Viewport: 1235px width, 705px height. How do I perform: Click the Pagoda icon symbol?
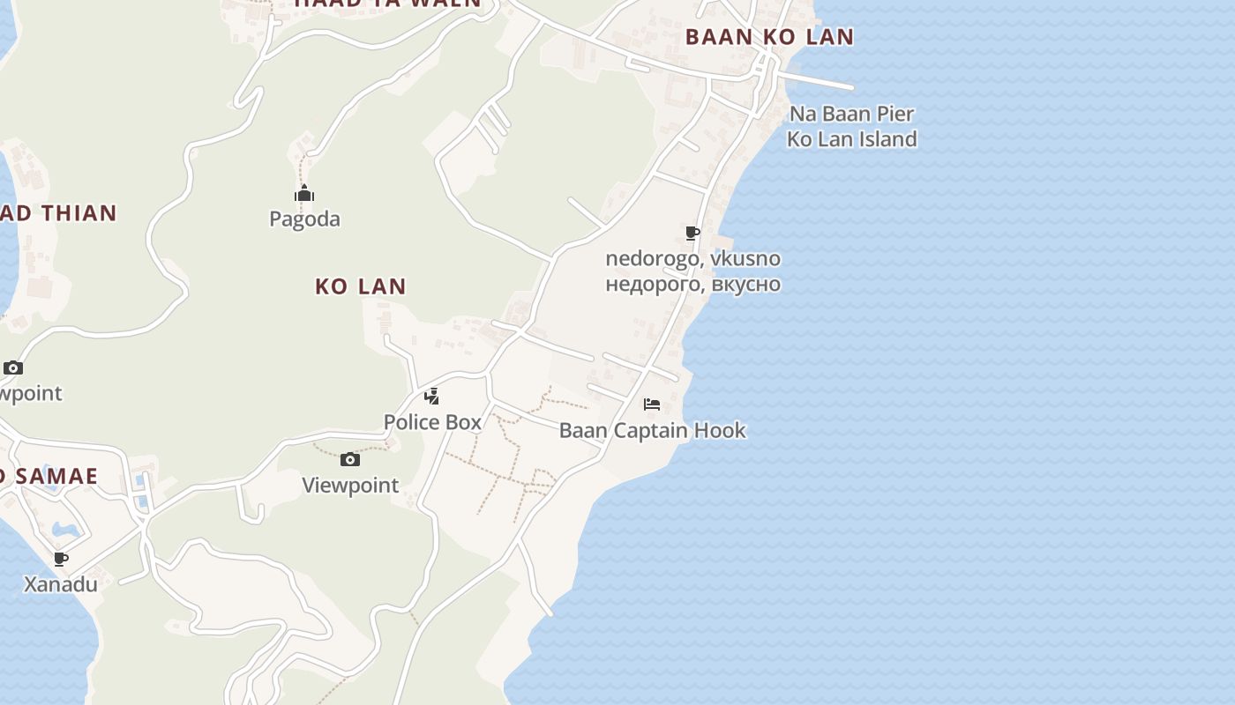(x=304, y=194)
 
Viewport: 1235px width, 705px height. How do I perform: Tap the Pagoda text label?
(x=304, y=219)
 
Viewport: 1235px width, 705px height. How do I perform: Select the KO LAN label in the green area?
(x=361, y=286)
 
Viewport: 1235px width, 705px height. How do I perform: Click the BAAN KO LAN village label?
(x=769, y=37)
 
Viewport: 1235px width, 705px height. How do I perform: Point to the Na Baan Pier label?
(x=851, y=114)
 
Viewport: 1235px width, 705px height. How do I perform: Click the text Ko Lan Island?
(x=851, y=139)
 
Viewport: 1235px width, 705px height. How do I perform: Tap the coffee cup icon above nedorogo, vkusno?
(x=692, y=233)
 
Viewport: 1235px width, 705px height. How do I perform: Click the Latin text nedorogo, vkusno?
(x=692, y=258)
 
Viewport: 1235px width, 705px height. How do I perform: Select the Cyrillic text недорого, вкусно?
(x=692, y=284)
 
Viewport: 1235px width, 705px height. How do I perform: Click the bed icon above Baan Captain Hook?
(x=652, y=404)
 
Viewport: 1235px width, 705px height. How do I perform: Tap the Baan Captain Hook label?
(x=652, y=430)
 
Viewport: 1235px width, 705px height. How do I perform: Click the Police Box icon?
(x=431, y=397)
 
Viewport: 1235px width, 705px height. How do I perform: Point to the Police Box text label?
(x=432, y=422)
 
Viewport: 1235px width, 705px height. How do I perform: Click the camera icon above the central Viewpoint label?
(x=350, y=459)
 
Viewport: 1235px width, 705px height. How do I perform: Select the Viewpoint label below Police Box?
(x=350, y=485)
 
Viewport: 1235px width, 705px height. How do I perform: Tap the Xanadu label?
(x=60, y=584)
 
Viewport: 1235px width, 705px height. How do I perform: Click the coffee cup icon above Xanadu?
(x=60, y=559)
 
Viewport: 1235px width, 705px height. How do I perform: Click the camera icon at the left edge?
(x=13, y=367)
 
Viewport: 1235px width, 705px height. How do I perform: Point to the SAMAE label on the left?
(x=53, y=477)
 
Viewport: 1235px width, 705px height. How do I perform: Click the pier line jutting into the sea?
(x=820, y=81)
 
